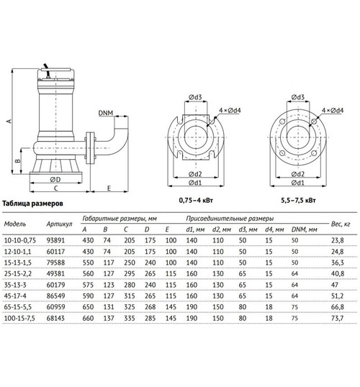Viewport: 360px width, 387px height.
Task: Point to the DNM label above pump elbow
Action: (x=107, y=114)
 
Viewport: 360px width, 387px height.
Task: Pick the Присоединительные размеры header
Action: (x=230, y=218)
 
